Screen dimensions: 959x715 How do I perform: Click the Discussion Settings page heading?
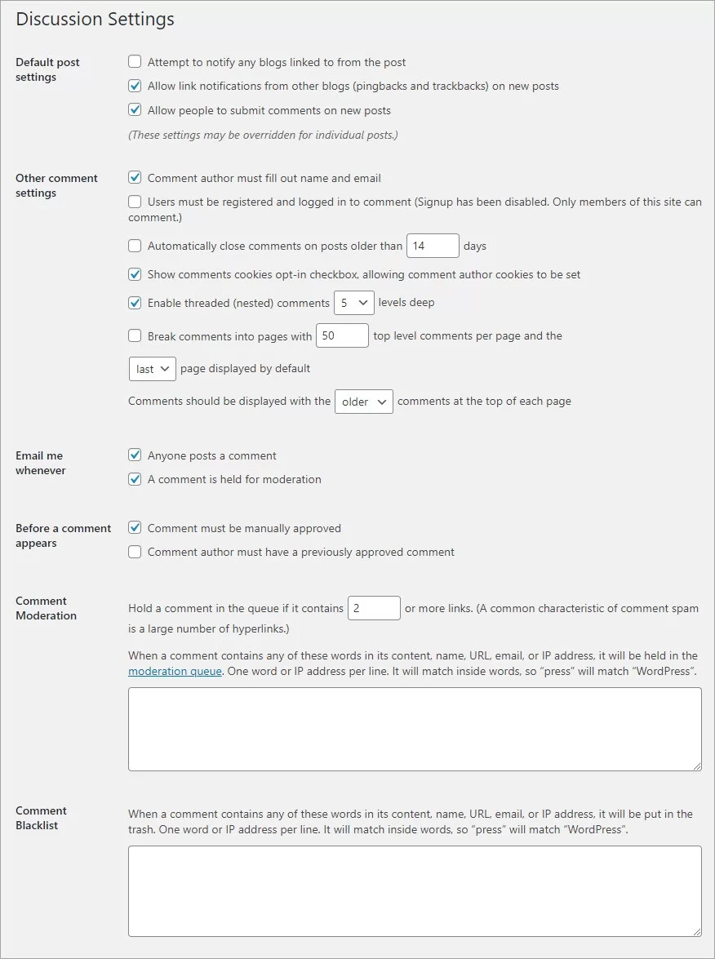click(95, 20)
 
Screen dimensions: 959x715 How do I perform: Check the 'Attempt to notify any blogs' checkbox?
click(135, 62)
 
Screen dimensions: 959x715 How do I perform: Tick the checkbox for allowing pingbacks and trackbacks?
click(135, 86)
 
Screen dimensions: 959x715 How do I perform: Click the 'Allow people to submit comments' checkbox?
click(135, 110)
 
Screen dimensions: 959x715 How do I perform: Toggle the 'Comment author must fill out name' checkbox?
click(135, 178)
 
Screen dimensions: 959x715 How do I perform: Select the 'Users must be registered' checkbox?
click(135, 202)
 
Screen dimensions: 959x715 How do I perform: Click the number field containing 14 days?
click(433, 246)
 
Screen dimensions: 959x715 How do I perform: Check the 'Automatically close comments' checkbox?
click(135, 246)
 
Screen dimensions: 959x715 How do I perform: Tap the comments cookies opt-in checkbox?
click(135, 274)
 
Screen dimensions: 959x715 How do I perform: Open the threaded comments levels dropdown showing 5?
click(353, 303)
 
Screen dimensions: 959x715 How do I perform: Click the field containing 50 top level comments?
click(342, 335)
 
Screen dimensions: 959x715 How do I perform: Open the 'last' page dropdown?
click(152, 369)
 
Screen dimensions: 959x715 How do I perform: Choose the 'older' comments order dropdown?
click(363, 402)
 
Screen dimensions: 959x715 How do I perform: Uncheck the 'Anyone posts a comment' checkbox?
click(135, 455)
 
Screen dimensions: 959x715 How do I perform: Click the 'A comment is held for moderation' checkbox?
click(135, 479)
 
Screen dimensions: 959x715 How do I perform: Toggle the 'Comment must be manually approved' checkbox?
click(135, 528)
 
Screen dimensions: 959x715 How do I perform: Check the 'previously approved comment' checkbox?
click(135, 552)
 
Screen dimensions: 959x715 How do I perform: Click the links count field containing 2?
click(374, 608)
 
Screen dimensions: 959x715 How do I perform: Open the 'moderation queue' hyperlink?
click(175, 672)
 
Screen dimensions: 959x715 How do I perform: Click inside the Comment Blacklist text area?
click(415, 890)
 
